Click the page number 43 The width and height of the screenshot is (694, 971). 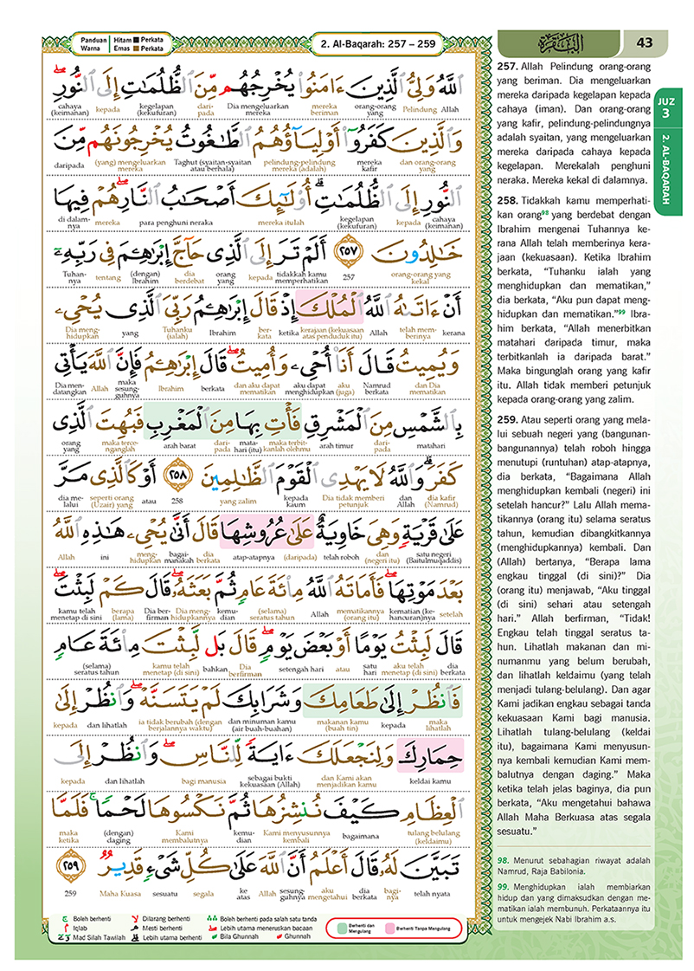click(x=644, y=42)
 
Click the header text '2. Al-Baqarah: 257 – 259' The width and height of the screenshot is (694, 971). click(x=377, y=42)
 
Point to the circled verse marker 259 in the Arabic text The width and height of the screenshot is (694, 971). click(x=65, y=867)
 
